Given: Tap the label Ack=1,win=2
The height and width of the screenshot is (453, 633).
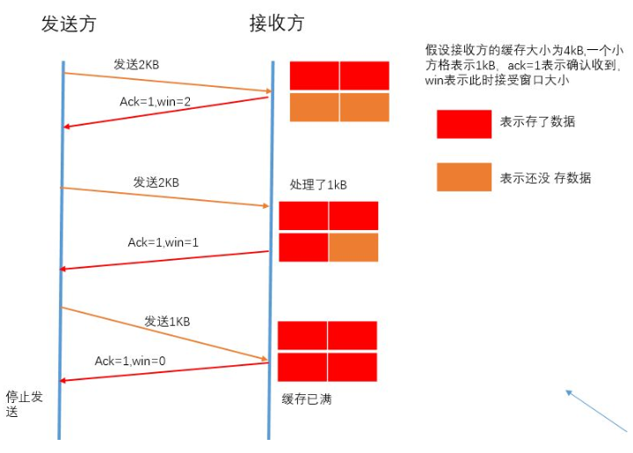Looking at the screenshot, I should pos(156,102).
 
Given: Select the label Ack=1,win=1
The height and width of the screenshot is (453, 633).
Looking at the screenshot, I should pos(163,241).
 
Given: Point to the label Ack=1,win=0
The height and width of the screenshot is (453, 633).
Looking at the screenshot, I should pos(130,361).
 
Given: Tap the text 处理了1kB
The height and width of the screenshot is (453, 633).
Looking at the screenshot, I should pos(318,185).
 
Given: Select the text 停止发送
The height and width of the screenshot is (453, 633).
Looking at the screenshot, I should pos(24,403).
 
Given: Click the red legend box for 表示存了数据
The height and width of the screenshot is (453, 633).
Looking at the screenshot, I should pos(463,124).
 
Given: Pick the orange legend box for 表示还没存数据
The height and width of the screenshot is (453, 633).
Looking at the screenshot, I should pos(463,177).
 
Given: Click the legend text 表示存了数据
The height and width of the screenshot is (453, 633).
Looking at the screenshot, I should pos(537,122).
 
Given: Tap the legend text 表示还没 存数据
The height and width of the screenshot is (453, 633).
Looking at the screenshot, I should pos(545,177).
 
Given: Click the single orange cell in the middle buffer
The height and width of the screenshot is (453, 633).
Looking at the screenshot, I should pos(353,247).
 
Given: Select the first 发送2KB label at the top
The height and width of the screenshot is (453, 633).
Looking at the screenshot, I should pos(136,64).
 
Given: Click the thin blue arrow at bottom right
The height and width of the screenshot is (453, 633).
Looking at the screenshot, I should pos(598,413).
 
